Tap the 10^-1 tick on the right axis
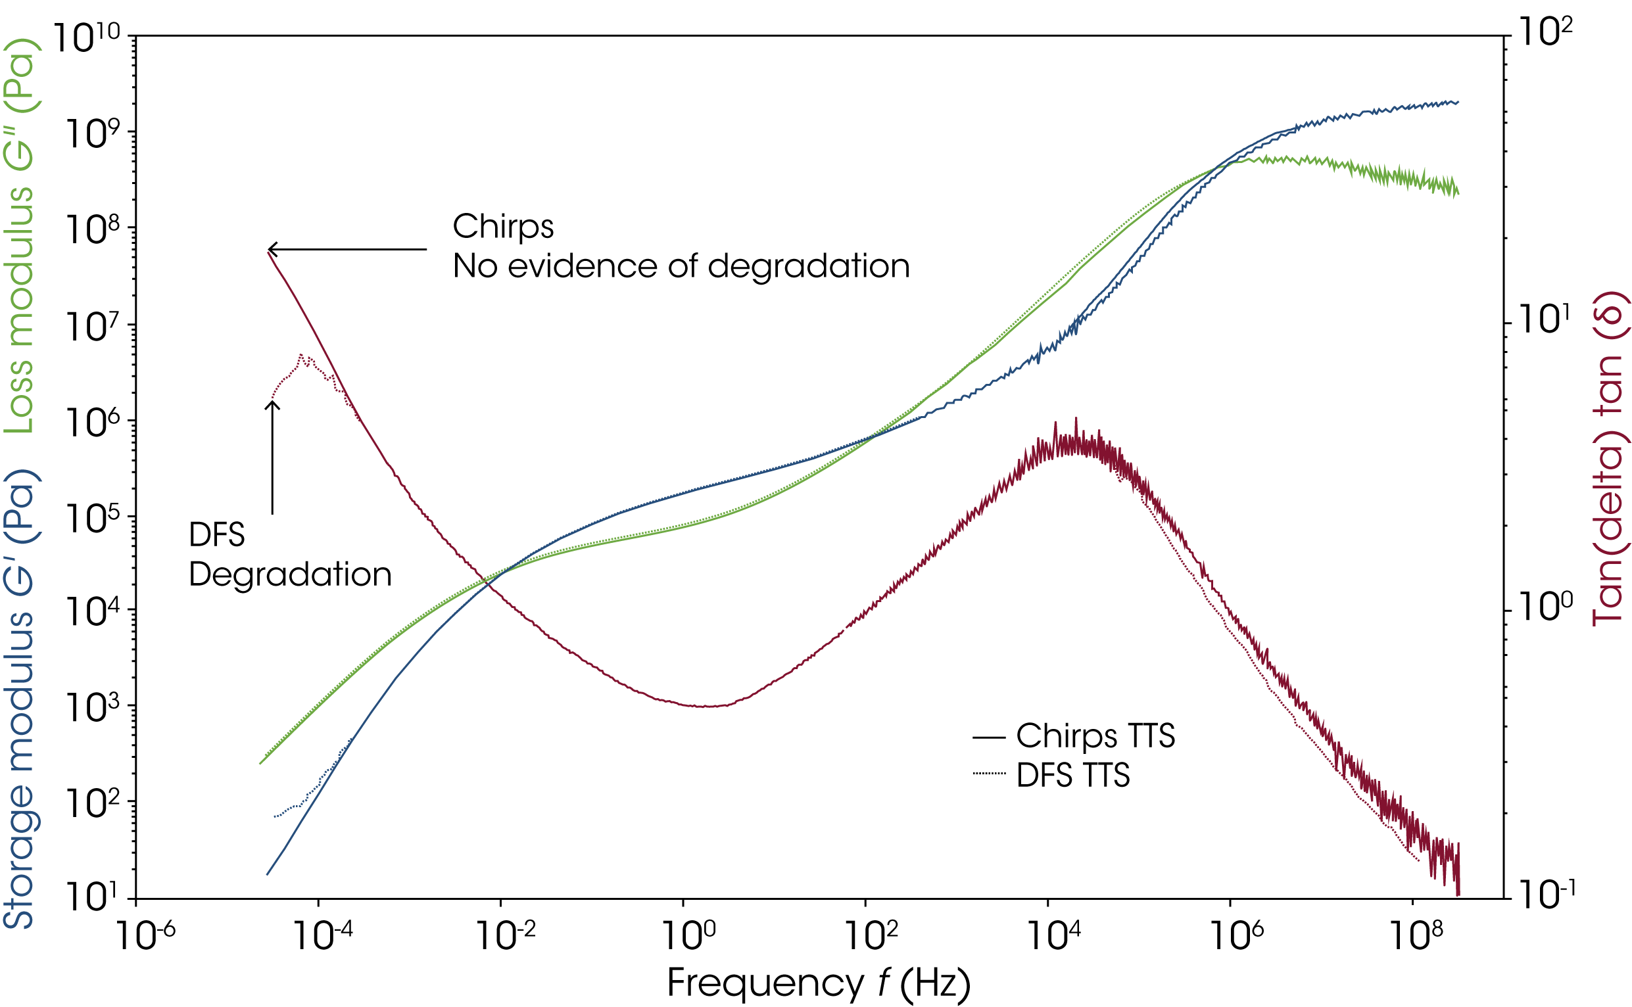pyautogui.click(x=1503, y=899)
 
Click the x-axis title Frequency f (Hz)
pyautogui.click(x=818, y=983)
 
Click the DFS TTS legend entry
pyautogui.click(x=1072, y=775)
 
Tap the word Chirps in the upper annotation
pyautogui.click(x=503, y=226)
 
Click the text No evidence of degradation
pyautogui.click(x=681, y=266)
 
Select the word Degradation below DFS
pyautogui.click(x=290, y=574)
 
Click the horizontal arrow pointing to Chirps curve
pyautogui.click(x=347, y=250)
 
